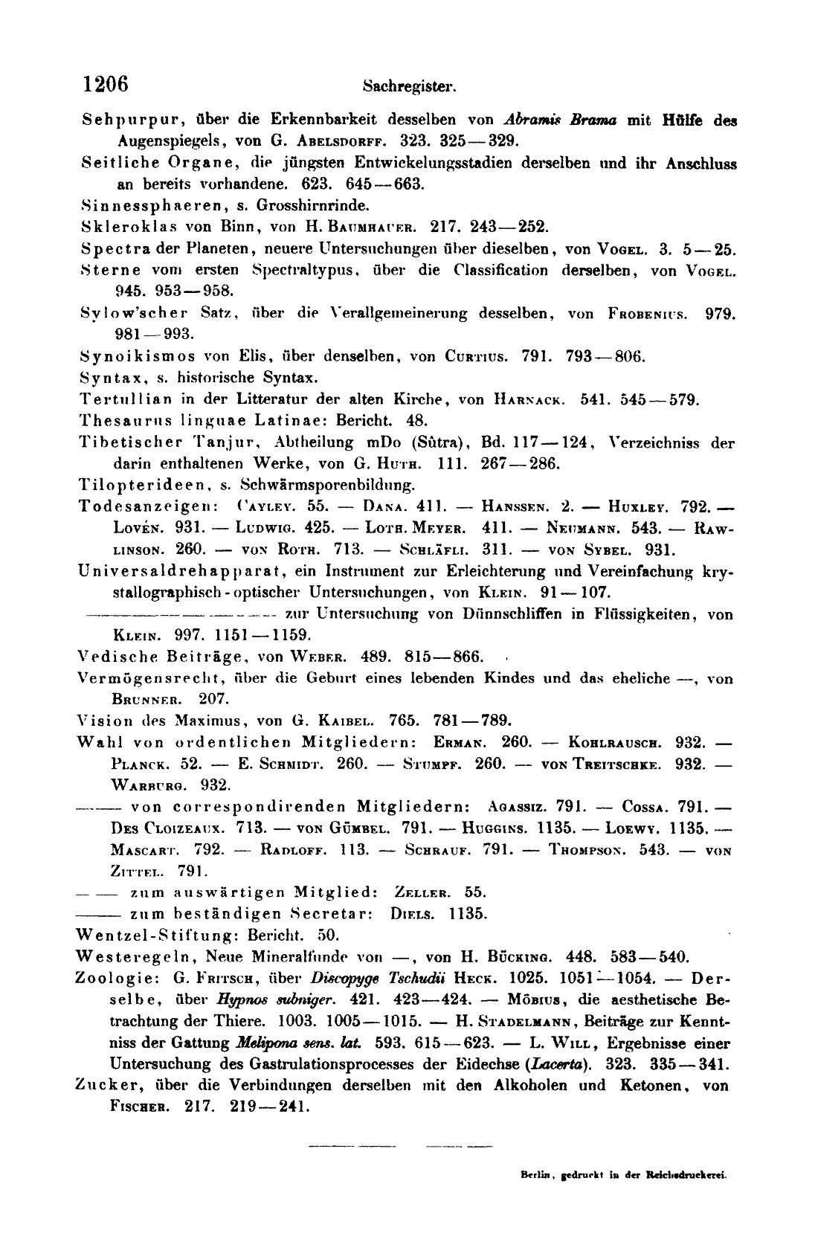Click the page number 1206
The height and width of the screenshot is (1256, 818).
[106, 83]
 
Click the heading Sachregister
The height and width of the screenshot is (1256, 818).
[409, 86]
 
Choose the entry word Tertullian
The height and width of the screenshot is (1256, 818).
[120, 399]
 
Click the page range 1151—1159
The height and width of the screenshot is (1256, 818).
[265, 636]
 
